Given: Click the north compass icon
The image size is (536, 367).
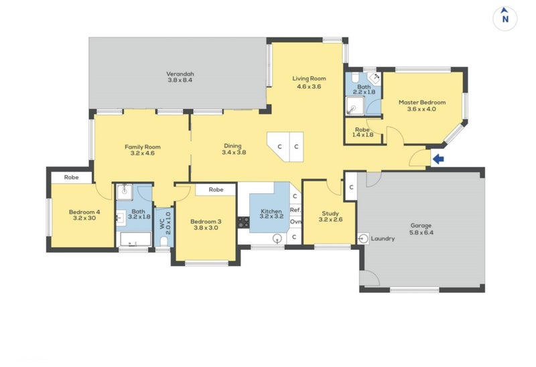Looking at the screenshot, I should point(505,18).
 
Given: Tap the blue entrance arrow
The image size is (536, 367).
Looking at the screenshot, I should point(439,159).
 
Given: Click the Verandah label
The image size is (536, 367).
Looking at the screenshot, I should point(180,74).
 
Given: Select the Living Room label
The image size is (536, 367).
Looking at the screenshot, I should point(308,78).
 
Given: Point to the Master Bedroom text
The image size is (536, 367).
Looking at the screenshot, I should point(421,102).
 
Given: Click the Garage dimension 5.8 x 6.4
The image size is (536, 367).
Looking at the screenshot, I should point(421,233).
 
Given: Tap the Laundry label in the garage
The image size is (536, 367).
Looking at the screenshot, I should point(383,238).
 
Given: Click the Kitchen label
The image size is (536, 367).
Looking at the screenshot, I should point(271,212).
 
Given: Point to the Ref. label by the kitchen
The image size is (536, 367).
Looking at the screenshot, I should point(295,210).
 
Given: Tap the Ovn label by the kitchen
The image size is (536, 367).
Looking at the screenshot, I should point(295,222).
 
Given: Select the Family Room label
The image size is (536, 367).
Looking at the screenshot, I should point(143,147).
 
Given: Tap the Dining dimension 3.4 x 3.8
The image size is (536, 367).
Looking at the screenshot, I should point(234,153).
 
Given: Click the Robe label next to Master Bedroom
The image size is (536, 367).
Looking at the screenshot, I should point(362,129).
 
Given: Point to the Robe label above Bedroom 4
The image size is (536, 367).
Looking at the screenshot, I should point(72,177).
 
